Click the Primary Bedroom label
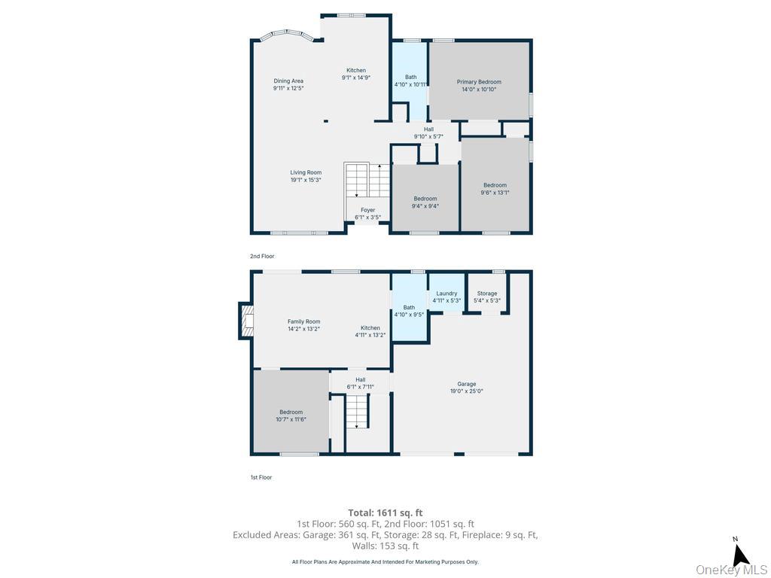click(x=479, y=82)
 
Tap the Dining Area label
click(x=288, y=81)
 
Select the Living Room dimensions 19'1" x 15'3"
click(x=306, y=180)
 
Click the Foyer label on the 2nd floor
click(x=367, y=210)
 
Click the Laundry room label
click(x=446, y=294)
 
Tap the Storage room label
click(x=487, y=294)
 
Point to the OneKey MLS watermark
click(x=731, y=570)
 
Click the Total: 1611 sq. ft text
click(x=385, y=513)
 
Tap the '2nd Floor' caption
click(x=262, y=257)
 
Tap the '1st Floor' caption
click(x=261, y=478)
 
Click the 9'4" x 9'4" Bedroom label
click(x=425, y=199)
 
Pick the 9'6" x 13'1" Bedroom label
click(x=495, y=185)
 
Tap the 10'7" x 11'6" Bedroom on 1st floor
click(x=291, y=412)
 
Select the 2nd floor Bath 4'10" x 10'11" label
click(x=410, y=77)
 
